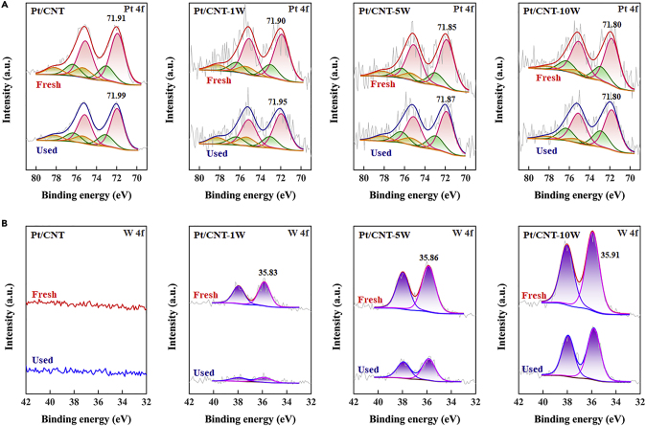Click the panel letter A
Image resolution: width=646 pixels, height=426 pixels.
point(5,5)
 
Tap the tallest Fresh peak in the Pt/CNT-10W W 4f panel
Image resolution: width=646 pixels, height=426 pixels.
point(592,233)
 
